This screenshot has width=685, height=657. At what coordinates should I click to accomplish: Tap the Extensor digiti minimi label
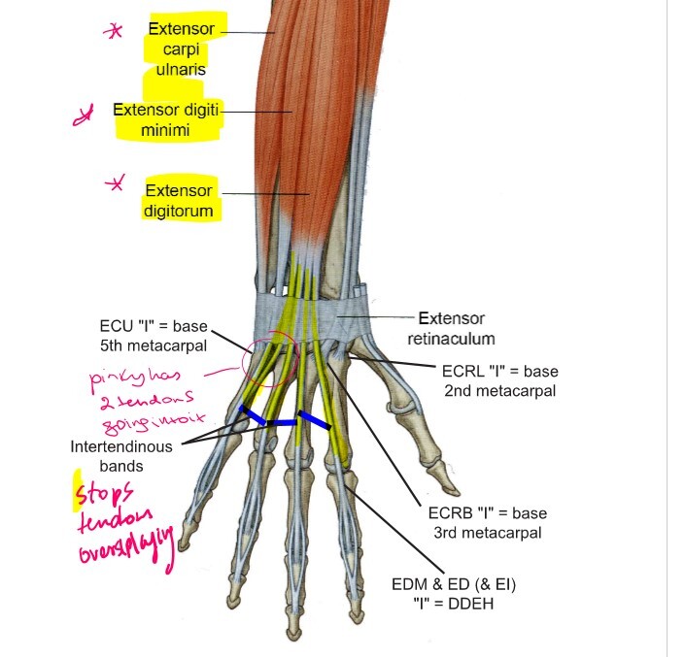click(x=168, y=117)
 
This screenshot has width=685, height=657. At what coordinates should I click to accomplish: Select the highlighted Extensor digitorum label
click(x=180, y=198)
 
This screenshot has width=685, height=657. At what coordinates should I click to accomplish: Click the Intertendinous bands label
click(x=121, y=456)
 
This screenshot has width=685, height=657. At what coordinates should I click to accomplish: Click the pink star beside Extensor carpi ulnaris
click(x=115, y=31)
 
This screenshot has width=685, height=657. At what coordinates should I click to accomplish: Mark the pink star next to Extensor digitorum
click(x=117, y=184)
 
